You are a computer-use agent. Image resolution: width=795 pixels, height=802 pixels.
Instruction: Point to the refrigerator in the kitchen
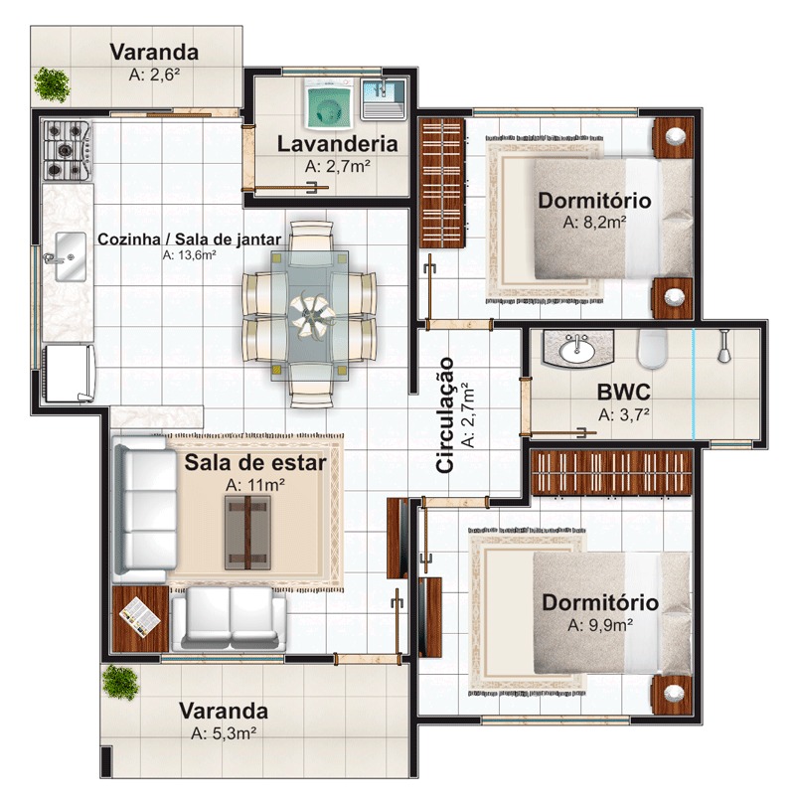coord(70,372)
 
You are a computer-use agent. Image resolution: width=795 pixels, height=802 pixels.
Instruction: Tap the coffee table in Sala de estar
coord(247,532)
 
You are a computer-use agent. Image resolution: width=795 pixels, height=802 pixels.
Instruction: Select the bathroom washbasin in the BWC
coord(577,349)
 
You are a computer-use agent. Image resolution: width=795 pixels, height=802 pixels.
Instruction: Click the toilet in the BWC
coord(653,349)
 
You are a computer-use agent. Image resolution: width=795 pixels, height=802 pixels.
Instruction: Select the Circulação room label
coord(446,414)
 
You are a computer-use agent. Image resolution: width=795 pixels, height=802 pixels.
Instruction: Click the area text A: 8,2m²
coord(594,223)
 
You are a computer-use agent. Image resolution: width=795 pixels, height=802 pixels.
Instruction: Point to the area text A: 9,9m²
coord(600,626)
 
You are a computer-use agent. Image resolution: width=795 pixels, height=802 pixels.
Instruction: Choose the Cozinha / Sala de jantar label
coord(189,239)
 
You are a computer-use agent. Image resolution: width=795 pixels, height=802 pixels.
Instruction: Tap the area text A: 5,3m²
coord(224,733)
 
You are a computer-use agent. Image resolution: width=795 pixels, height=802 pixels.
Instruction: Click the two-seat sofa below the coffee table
coord(229,615)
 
